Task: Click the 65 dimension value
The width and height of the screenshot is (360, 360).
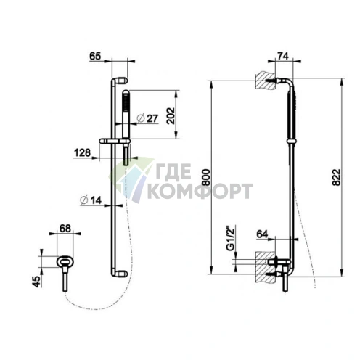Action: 95,56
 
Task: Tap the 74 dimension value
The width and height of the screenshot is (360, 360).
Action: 283,56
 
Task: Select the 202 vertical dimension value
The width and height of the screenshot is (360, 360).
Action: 171,115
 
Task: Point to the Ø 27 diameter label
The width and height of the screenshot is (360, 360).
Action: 147,118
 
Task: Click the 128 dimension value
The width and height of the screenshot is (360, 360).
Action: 82,152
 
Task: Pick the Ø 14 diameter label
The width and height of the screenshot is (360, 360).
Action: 91,200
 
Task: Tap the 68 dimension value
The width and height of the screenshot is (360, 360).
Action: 65,229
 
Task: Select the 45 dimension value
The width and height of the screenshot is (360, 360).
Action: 36,282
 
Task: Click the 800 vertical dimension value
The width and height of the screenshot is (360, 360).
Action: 206,177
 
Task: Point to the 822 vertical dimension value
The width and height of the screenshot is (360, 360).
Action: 336,177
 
